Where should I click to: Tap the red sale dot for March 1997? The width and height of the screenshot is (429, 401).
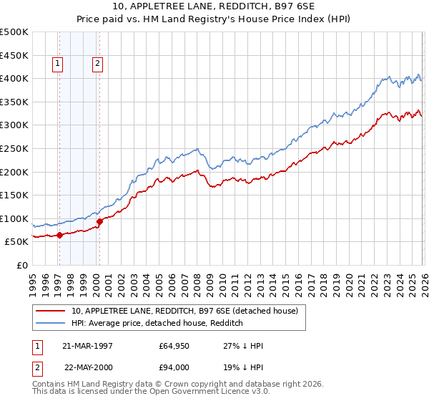[60, 234]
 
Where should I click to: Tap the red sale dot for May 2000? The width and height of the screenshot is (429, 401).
[100, 221]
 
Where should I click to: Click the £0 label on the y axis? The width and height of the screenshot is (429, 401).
[21, 265]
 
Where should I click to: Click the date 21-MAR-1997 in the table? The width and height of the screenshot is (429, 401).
[87, 345]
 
